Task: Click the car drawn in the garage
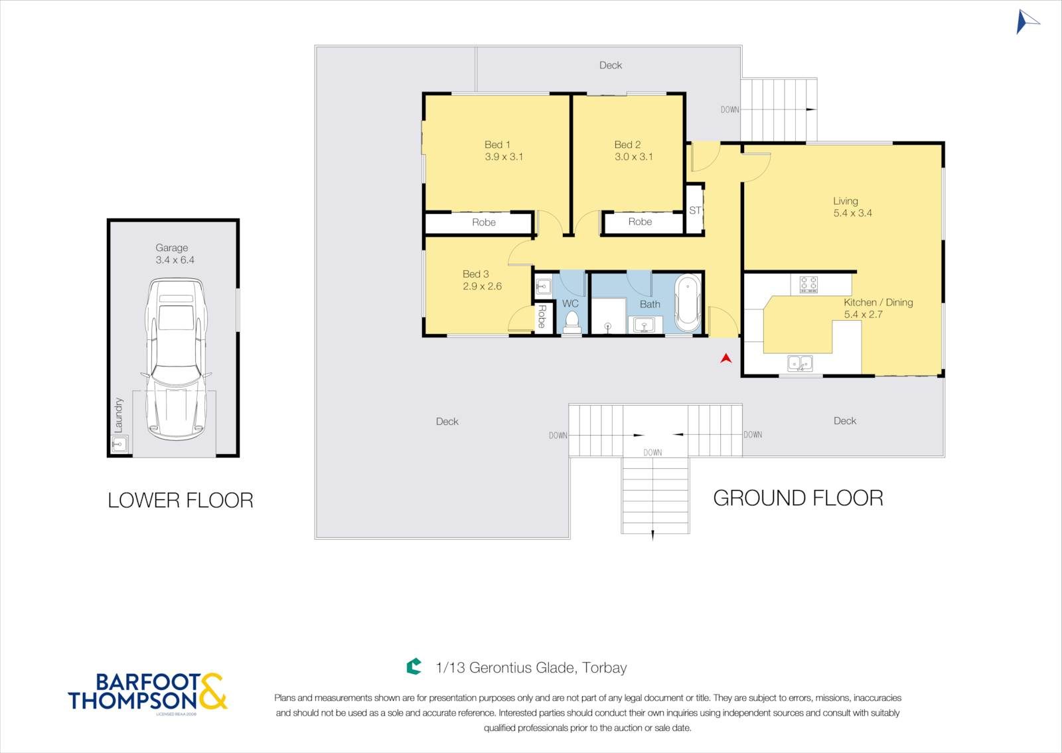point(176,359)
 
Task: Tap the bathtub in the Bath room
point(688,303)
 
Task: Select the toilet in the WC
point(571,323)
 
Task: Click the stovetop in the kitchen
point(808,284)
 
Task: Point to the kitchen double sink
point(800,363)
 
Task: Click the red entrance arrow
point(726,358)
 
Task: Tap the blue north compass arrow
point(1026,22)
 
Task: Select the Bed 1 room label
point(497,145)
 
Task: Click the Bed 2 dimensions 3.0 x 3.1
point(633,157)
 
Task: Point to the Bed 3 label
point(475,274)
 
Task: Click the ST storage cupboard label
point(695,210)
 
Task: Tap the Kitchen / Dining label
point(878,303)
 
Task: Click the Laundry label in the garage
point(119,415)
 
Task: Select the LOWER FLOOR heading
point(181,500)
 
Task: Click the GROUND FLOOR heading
point(798,499)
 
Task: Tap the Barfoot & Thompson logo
point(147,693)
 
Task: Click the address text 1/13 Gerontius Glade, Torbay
point(531,667)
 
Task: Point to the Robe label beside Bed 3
point(542,317)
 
